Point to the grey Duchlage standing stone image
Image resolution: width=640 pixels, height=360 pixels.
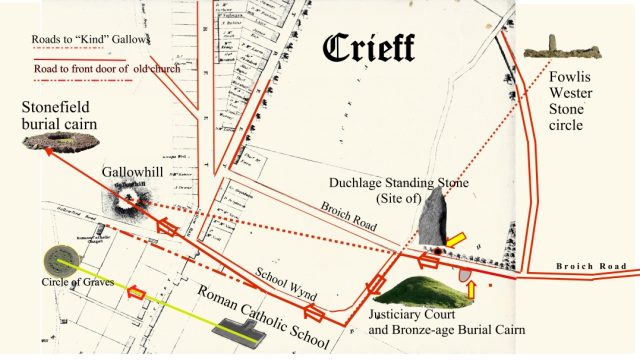[x=433, y=219]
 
